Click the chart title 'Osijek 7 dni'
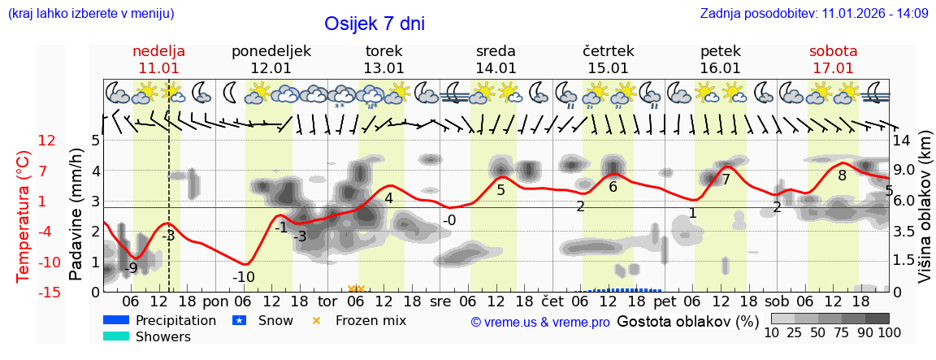(375, 24)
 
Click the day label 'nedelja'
(158, 51)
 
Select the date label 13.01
(383, 68)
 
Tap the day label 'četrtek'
(609, 51)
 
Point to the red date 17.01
(833, 68)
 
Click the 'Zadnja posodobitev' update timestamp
(813, 13)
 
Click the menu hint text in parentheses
(90, 13)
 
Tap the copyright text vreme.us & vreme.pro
(540, 322)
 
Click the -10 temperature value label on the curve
(244, 277)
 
